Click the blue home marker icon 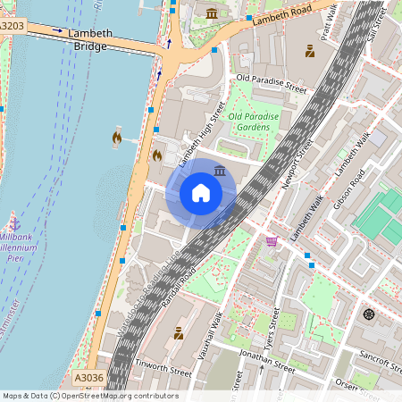[201, 193]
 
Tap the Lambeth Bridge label [89, 38]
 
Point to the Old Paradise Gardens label [254, 122]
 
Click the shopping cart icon [272, 241]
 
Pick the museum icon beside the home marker [221, 170]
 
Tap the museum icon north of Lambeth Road [212, 13]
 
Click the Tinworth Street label [163, 368]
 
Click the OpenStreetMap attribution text [89, 396]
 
